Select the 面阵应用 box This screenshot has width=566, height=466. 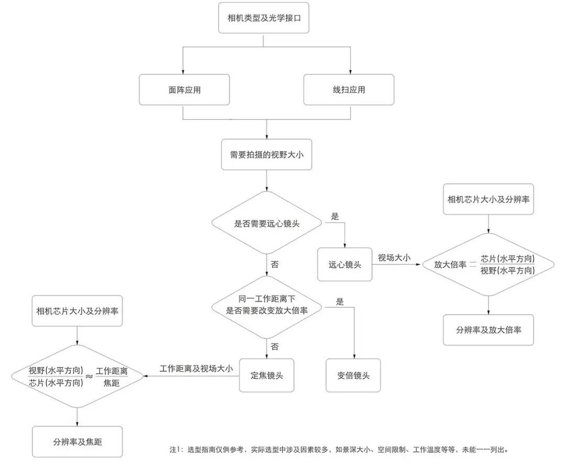[184, 90]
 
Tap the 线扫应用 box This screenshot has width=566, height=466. [349, 90]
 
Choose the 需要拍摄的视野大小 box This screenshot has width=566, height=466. [267, 154]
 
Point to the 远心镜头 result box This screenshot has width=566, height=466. [345, 264]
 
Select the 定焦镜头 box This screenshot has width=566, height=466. [267, 375]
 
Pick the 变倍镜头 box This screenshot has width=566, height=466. [353, 375]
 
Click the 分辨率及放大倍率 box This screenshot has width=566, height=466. [488, 330]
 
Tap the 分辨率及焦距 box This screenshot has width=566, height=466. [78, 442]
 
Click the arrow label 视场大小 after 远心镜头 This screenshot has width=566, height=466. [394, 258]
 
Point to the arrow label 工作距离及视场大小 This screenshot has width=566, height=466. [196, 369]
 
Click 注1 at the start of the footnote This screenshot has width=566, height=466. [175, 449]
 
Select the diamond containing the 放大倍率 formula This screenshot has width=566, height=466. [488, 265]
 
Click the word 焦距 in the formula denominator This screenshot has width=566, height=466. [112, 383]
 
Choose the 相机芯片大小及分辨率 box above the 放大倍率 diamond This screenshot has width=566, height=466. [488, 199]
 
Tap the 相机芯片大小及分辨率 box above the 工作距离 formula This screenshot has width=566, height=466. [78, 310]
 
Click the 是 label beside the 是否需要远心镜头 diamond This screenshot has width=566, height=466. [335, 216]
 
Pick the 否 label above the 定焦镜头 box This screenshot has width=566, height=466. [275, 347]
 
